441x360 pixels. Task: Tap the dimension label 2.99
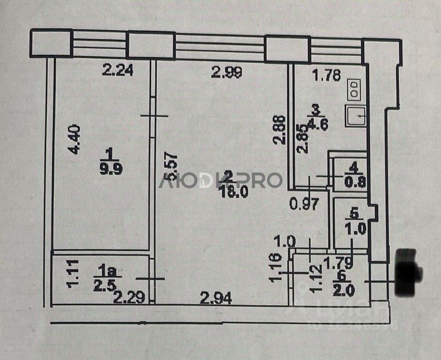coord(227,71)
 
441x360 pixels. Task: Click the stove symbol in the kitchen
coord(354,89)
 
